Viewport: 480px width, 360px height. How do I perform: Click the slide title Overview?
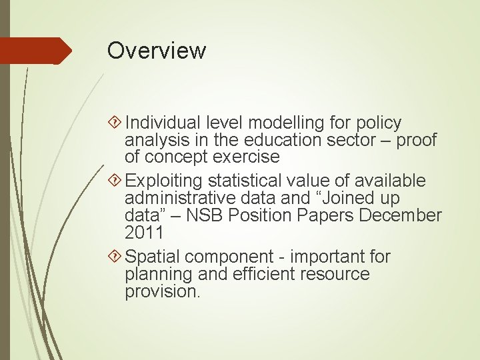coord(157,51)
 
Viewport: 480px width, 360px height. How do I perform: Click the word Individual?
coord(163,123)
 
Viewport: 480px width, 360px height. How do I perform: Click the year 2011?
coord(143,233)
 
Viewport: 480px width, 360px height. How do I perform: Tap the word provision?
coord(161,292)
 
